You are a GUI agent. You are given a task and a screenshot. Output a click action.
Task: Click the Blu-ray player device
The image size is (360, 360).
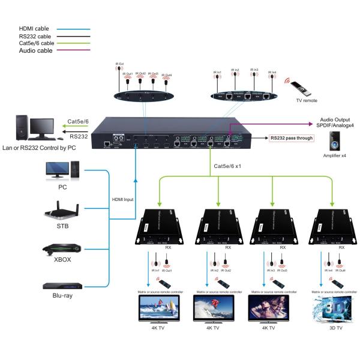pos(61,286)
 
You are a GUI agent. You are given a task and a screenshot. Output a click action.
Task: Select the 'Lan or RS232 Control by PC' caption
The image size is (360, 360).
pos(39,147)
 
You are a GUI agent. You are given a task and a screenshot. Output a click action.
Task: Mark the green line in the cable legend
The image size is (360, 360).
pos(74,44)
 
